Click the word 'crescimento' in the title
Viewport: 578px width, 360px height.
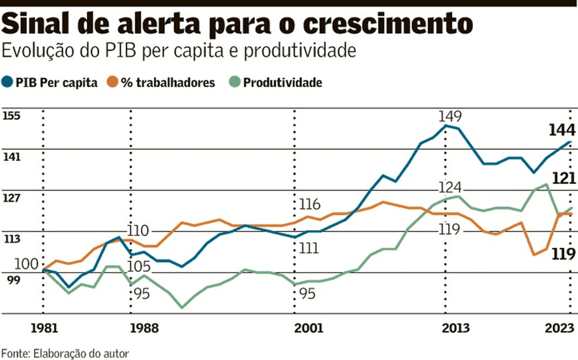(x=398, y=24)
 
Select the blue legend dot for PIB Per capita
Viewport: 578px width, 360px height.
(x=8, y=82)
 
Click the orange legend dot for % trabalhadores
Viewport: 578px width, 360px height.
(x=113, y=82)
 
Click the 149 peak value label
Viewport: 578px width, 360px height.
(x=450, y=117)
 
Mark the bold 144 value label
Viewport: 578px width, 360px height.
(x=562, y=129)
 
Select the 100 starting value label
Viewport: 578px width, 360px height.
(x=27, y=263)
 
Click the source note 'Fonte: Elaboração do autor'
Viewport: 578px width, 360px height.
(x=65, y=353)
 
